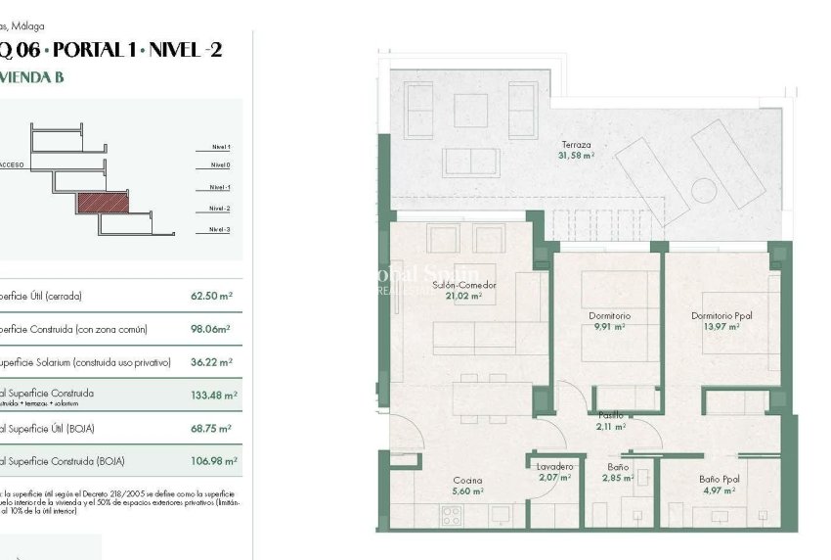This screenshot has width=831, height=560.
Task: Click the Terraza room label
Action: [575, 145]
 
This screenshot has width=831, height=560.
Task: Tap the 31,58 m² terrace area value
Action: [575, 156]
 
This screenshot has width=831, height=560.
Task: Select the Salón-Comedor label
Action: [464, 285]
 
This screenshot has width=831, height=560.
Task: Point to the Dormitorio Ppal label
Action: [722, 316]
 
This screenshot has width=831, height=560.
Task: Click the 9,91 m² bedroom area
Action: [609, 327]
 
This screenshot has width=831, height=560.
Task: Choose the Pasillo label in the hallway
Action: [610, 415]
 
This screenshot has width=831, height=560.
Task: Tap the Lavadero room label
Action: [555, 467]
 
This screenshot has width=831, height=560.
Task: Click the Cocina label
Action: [467, 480]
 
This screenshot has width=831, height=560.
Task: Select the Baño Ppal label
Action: [719, 479]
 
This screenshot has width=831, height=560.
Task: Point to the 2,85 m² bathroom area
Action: [618, 478]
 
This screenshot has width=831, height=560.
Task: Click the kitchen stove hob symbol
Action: [458, 514]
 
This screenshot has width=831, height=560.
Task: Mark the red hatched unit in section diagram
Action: [103, 202]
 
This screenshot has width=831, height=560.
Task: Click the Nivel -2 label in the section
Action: [219, 209]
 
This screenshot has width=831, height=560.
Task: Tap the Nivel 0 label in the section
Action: [220, 165]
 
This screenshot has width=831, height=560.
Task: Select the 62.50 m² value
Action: [211, 295]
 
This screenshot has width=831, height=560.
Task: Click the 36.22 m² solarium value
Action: [212, 362]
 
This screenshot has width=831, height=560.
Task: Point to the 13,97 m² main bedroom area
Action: [721, 327]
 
